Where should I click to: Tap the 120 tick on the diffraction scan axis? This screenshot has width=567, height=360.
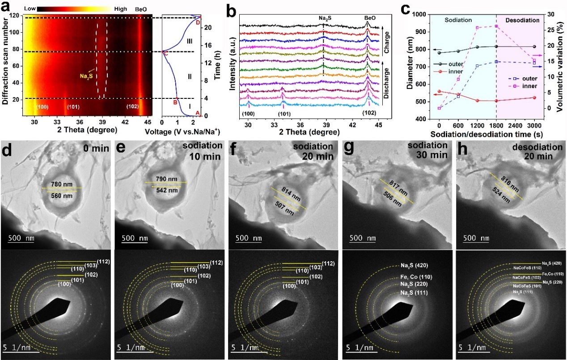click(16, 15)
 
